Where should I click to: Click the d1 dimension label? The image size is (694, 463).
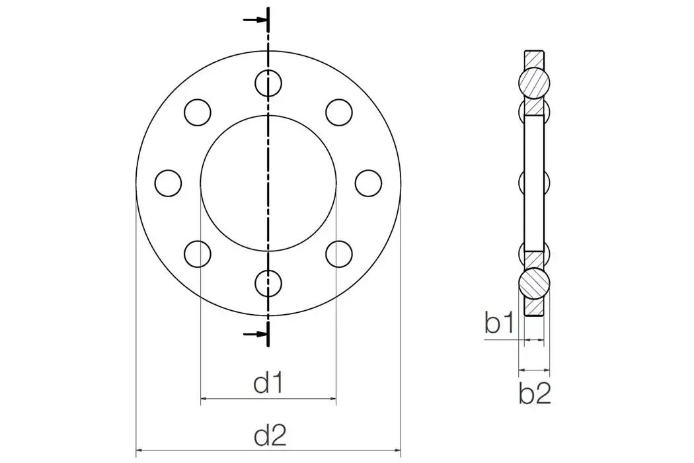pos(270,383)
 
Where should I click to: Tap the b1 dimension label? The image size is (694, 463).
pos(499,323)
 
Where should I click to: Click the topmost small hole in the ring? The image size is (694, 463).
pos(268,83)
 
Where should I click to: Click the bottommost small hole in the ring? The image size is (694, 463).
pos(268,282)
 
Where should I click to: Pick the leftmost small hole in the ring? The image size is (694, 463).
pos(169,183)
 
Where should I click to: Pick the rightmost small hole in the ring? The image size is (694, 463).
pos(368,183)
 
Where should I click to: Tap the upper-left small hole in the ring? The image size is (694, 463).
pos(198,112)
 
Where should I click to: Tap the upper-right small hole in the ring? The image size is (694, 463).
pos(339,112)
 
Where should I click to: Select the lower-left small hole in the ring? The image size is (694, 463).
pos(198,253)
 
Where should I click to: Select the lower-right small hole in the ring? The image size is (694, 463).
pos(339,253)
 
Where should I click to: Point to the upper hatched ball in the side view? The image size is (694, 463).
pos(534,83)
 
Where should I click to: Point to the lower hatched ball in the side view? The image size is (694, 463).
pos(534,282)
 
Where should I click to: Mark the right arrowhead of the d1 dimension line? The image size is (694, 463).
pos(332,399)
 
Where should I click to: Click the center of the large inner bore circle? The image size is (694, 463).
pos(268,183)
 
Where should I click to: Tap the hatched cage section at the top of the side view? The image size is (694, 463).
pos(534,58)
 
